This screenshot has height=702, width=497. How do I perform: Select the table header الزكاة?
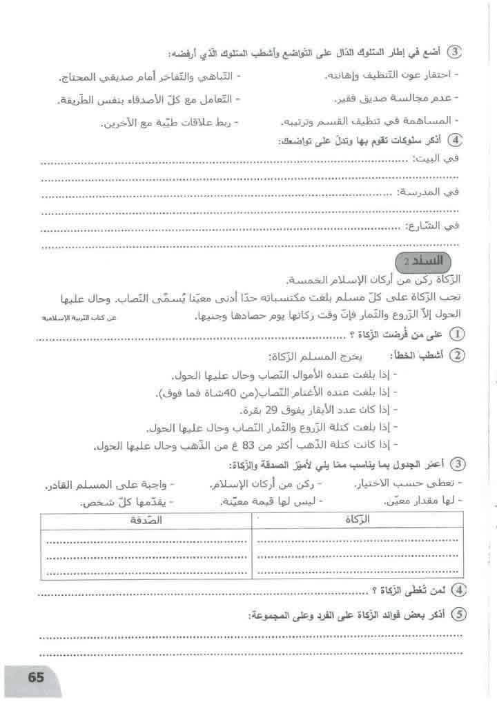pyautogui.click(x=370, y=521)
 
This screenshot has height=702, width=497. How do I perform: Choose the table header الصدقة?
pyautogui.click(x=145, y=521)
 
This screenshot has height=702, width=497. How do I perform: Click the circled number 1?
pyautogui.click(x=456, y=334)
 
